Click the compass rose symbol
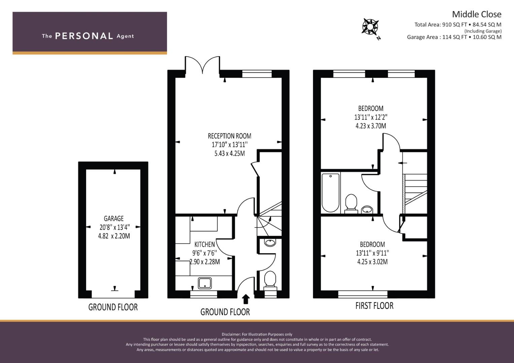[x=370, y=27]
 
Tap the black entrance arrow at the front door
[x=246, y=299]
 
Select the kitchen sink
[x=205, y=283]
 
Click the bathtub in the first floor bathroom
[x=330, y=192]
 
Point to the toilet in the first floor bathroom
[x=351, y=203]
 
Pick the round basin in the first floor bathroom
[x=367, y=210]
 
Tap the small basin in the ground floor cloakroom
[x=270, y=242]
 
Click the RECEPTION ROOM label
[x=230, y=136]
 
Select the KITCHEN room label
[x=204, y=244]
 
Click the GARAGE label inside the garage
[x=113, y=218]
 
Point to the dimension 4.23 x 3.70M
[x=371, y=126]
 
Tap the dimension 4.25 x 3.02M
[x=372, y=262]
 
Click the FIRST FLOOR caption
[x=374, y=306]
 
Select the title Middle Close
[x=476, y=14]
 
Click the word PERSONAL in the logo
[x=84, y=36]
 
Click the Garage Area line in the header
[x=454, y=37]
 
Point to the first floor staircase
[x=415, y=193]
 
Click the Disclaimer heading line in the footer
[x=257, y=334]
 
